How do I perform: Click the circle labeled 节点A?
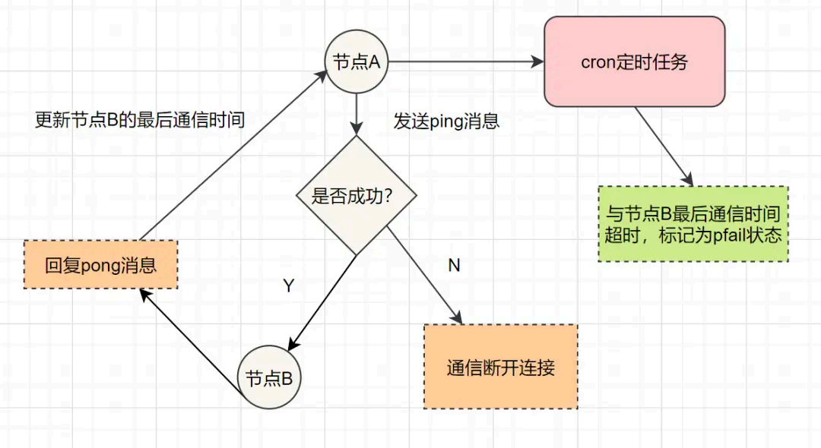point(356,62)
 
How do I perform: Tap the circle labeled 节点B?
point(269,377)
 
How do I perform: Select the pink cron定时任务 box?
point(633,62)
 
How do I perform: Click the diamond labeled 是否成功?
point(356,196)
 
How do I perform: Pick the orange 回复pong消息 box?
point(100,265)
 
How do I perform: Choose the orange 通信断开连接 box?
point(500,368)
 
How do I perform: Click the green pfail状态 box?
point(693,224)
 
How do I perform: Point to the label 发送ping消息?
point(446,121)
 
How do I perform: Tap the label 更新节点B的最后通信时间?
point(140,120)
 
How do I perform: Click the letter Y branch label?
point(288,286)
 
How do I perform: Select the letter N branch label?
point(454,265)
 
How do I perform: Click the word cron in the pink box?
point(598,62)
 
